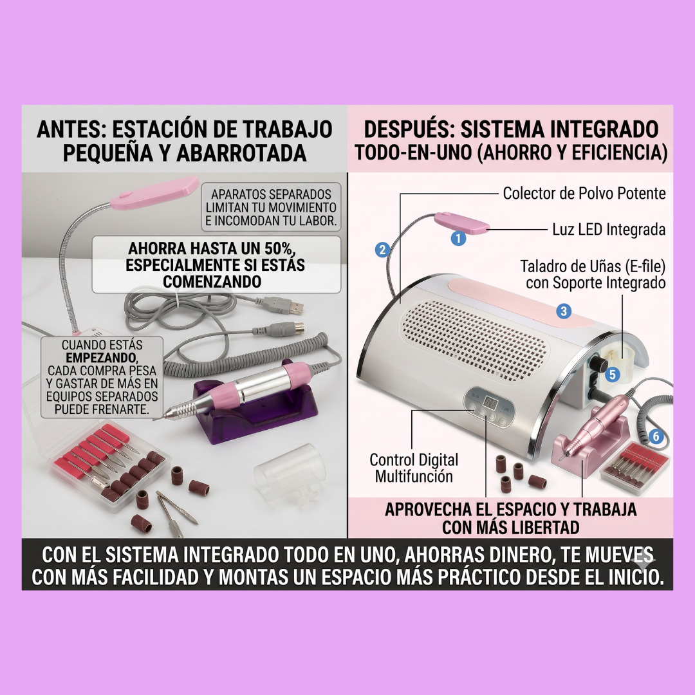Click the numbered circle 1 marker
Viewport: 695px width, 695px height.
click(x=458, y=239)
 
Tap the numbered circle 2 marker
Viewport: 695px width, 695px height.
click(x=382, y=250)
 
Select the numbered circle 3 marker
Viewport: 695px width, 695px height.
click(x=564, y=311)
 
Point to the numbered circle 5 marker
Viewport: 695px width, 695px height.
click(x=612, y=375)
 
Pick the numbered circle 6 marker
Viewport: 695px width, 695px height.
click(x=656, y=437)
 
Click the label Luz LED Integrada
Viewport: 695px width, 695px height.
click(x=609, y=230)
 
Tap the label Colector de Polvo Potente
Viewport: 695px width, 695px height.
click(x=584, y=193)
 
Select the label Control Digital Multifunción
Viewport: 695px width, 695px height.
click(x=414, y=468)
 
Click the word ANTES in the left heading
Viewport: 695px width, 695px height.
click(x=68, y=129)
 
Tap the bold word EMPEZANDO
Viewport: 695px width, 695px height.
click(x=102, y=358)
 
